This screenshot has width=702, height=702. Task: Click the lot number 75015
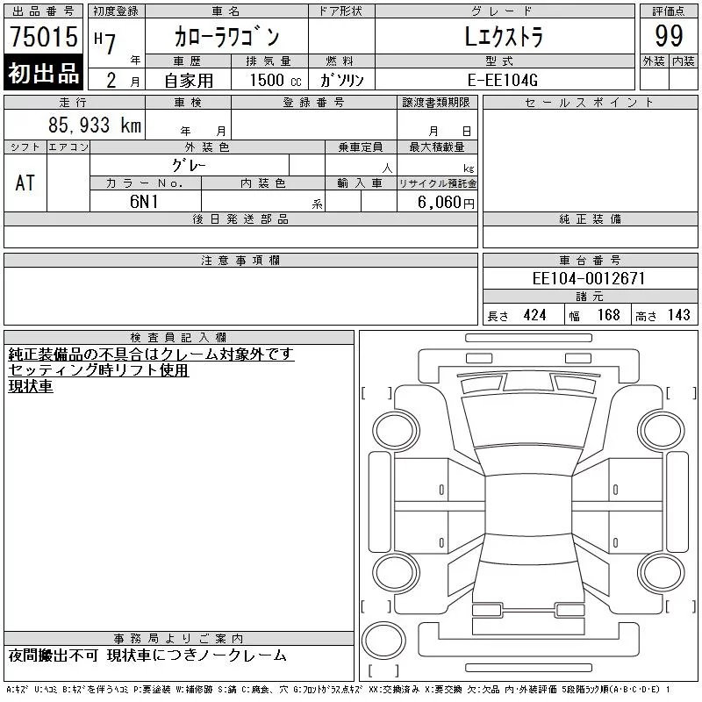(x=44, y=36)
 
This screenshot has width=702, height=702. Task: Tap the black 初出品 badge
(x=43, y=73)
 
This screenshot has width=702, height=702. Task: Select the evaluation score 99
(x=669, y=36)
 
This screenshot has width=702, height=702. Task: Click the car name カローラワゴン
(x=227, y=37)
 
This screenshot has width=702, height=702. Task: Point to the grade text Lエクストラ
(x=504, y=37)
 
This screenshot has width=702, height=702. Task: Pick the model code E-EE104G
(x=502, y=80)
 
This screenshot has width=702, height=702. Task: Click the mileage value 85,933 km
(x=95, y=125)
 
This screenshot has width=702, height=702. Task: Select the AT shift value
(x=25, y=183)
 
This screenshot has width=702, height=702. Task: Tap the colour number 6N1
(x=144, y=202)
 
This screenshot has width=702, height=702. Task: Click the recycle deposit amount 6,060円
(x=446, y=203)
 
